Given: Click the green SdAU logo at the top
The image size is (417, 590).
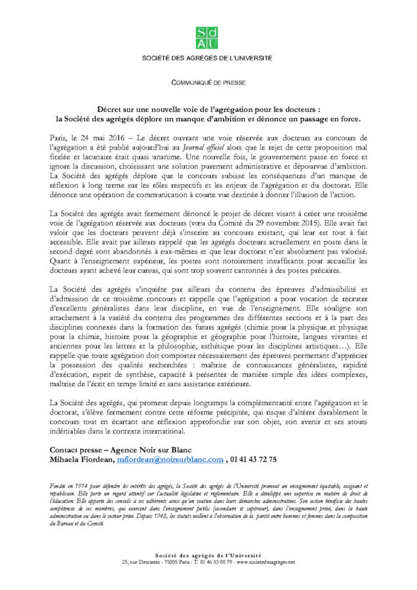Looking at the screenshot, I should tap(208, 37).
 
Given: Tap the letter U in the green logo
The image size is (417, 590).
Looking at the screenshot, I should tap(213, 43).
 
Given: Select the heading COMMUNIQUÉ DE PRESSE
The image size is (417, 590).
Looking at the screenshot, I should tap(208, 83).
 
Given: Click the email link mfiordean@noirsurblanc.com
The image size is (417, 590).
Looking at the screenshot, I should tap(170, 460).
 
